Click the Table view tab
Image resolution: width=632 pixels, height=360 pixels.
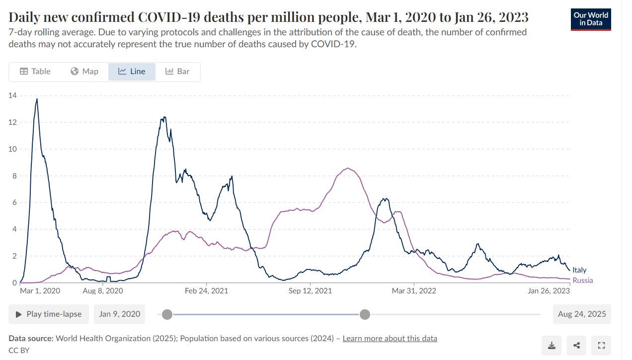click(x=35, y=72)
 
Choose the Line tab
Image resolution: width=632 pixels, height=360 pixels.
click(x=132, y=72)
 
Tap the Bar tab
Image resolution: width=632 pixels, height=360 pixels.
click(x=177, y=72)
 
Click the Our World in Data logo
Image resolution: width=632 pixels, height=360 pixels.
click(x=591, y=19)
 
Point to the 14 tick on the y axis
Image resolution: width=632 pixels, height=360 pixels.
click(x=12, y=95)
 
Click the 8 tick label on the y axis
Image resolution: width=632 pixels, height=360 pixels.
click(x=14, y=176)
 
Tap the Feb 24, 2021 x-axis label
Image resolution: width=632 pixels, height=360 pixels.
click(x=207, y=291)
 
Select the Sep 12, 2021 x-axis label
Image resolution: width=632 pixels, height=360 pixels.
click(x=310, y=291)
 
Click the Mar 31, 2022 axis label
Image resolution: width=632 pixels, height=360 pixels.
click(x=414, y=291)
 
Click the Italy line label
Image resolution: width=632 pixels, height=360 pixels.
click(x=579, y=270)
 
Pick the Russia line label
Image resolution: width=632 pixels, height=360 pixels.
click(x=582, y=280)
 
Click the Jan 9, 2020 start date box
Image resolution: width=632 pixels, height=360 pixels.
click(x=119, y=314)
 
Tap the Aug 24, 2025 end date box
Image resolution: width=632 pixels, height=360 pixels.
click(x=582, y=314)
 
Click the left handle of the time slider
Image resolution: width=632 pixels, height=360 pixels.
click(x=167, y=314)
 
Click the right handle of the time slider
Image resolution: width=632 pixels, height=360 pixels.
click(x=365, y=314)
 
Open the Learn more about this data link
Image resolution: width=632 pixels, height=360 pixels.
click(x=390, y=339)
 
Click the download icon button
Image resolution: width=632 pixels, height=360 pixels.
click(x=552, y=346)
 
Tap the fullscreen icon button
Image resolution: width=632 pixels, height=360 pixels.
click(x=601, y=346)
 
